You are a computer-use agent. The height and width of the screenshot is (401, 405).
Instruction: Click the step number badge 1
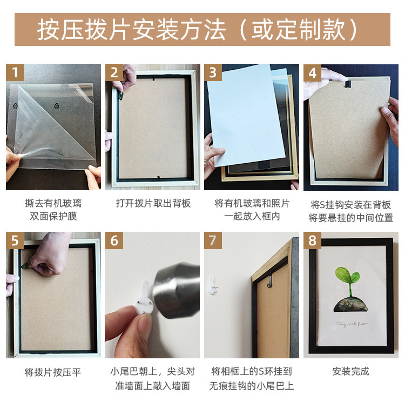pyautogui.click(x=15, y=73)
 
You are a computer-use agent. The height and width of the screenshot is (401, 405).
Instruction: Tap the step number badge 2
pyautogui.click(x=114, y=73)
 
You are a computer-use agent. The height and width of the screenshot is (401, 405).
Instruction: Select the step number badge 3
pyautogui.click(x=213, y=73)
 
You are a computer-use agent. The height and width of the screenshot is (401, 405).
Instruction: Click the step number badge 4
pyautogui.click(x=312, y=73)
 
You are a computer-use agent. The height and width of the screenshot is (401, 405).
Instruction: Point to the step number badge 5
pyautogui.click(x=15, y=240)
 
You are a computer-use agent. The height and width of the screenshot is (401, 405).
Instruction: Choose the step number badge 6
pyautogui.click(x=114, y=240)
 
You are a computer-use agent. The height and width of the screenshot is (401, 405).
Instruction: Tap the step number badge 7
pyautogui.click(x=213, y=240)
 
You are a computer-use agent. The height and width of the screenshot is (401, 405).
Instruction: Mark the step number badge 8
pyautogui.click(x=312, y=240)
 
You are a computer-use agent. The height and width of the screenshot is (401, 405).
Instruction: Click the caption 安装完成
pyautogui.click(x=350, y=371)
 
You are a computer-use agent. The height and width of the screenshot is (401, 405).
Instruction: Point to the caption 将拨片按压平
pyautogui.click(x=53, y=372)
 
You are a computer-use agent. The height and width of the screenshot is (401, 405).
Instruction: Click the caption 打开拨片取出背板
pyautogui.click(x=153, y=203)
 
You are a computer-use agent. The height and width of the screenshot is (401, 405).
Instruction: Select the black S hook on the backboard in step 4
pyautogui.click(x=349, y=84)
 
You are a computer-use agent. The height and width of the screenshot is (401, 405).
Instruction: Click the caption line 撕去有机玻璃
pyautogui.click(x=53, y=203)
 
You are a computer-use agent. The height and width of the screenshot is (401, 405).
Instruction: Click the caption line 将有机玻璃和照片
pyautogui.click(x=252, y=203)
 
